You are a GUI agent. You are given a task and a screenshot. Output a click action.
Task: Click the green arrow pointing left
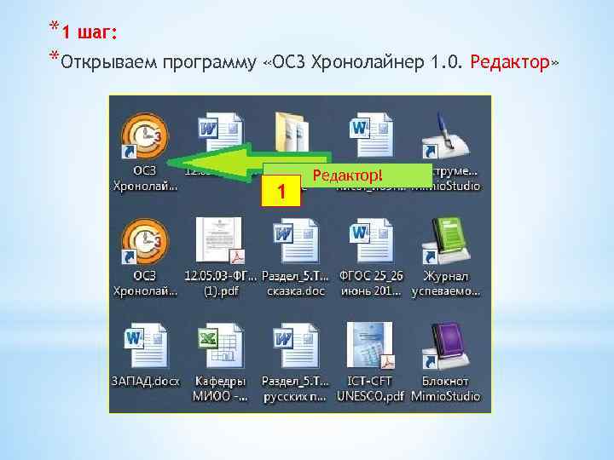(213, 162)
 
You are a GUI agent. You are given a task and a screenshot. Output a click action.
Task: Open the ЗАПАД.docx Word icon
(144, 345)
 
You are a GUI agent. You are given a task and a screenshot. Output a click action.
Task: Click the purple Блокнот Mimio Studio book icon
(445, 345)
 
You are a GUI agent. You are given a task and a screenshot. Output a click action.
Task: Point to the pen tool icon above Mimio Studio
(445, 136)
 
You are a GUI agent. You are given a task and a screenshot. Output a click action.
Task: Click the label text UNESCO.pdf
(372, 396)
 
